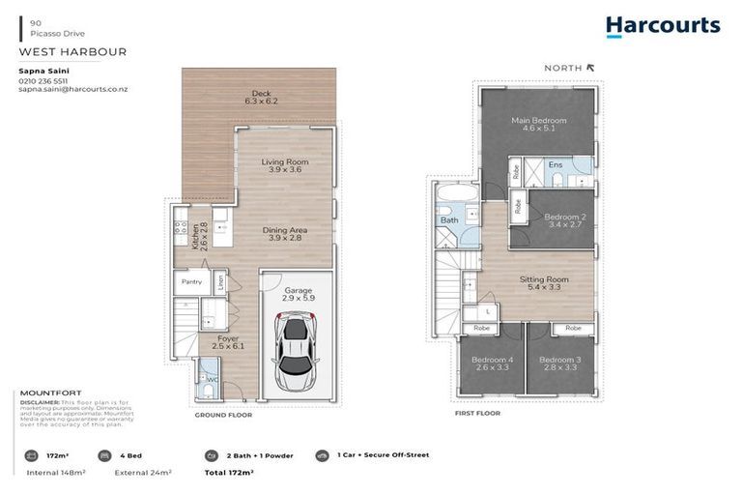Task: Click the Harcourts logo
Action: pos(663,26)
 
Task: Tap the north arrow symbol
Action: pos(591,68)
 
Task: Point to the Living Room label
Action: pos(284,166)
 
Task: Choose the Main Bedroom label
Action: pos(538,125)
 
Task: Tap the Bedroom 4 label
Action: pos(491,364)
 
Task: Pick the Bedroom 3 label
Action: pos(560,364)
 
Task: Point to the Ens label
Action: pos(555,165)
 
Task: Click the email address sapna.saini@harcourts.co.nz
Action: pos(73,89)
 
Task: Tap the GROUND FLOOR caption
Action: pos(223,415)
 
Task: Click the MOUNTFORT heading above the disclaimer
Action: pos(49,394)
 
